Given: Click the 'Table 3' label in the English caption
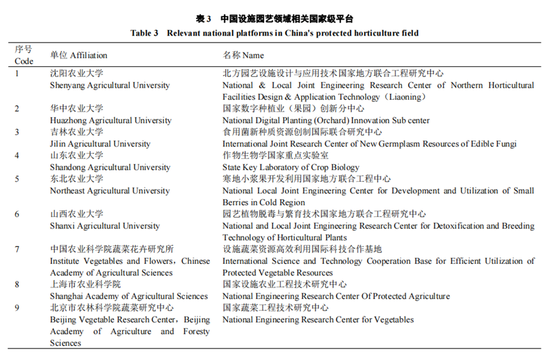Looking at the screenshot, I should [x=144, y=33].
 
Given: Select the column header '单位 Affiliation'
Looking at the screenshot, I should [x=79, y=55].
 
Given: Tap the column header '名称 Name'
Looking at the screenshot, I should [x=243, y=55].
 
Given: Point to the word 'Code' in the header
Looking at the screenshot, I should [x=24, y=62].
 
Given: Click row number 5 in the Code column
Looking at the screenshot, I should [x=17, y=179].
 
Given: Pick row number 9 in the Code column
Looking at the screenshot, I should [x=17, y=308].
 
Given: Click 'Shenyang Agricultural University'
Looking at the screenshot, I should [x=99, y=85].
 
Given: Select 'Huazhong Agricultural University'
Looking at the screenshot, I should [x=111, y=120].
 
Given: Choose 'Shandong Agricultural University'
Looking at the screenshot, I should [x=110, y=167].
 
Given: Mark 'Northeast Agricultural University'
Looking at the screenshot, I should [x=109, y=191].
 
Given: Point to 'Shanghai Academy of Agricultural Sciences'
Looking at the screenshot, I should [x=129, y=296].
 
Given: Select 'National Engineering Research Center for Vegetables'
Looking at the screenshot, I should [x=318, y=320].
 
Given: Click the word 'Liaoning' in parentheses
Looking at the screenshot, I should [x=407, y=97].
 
